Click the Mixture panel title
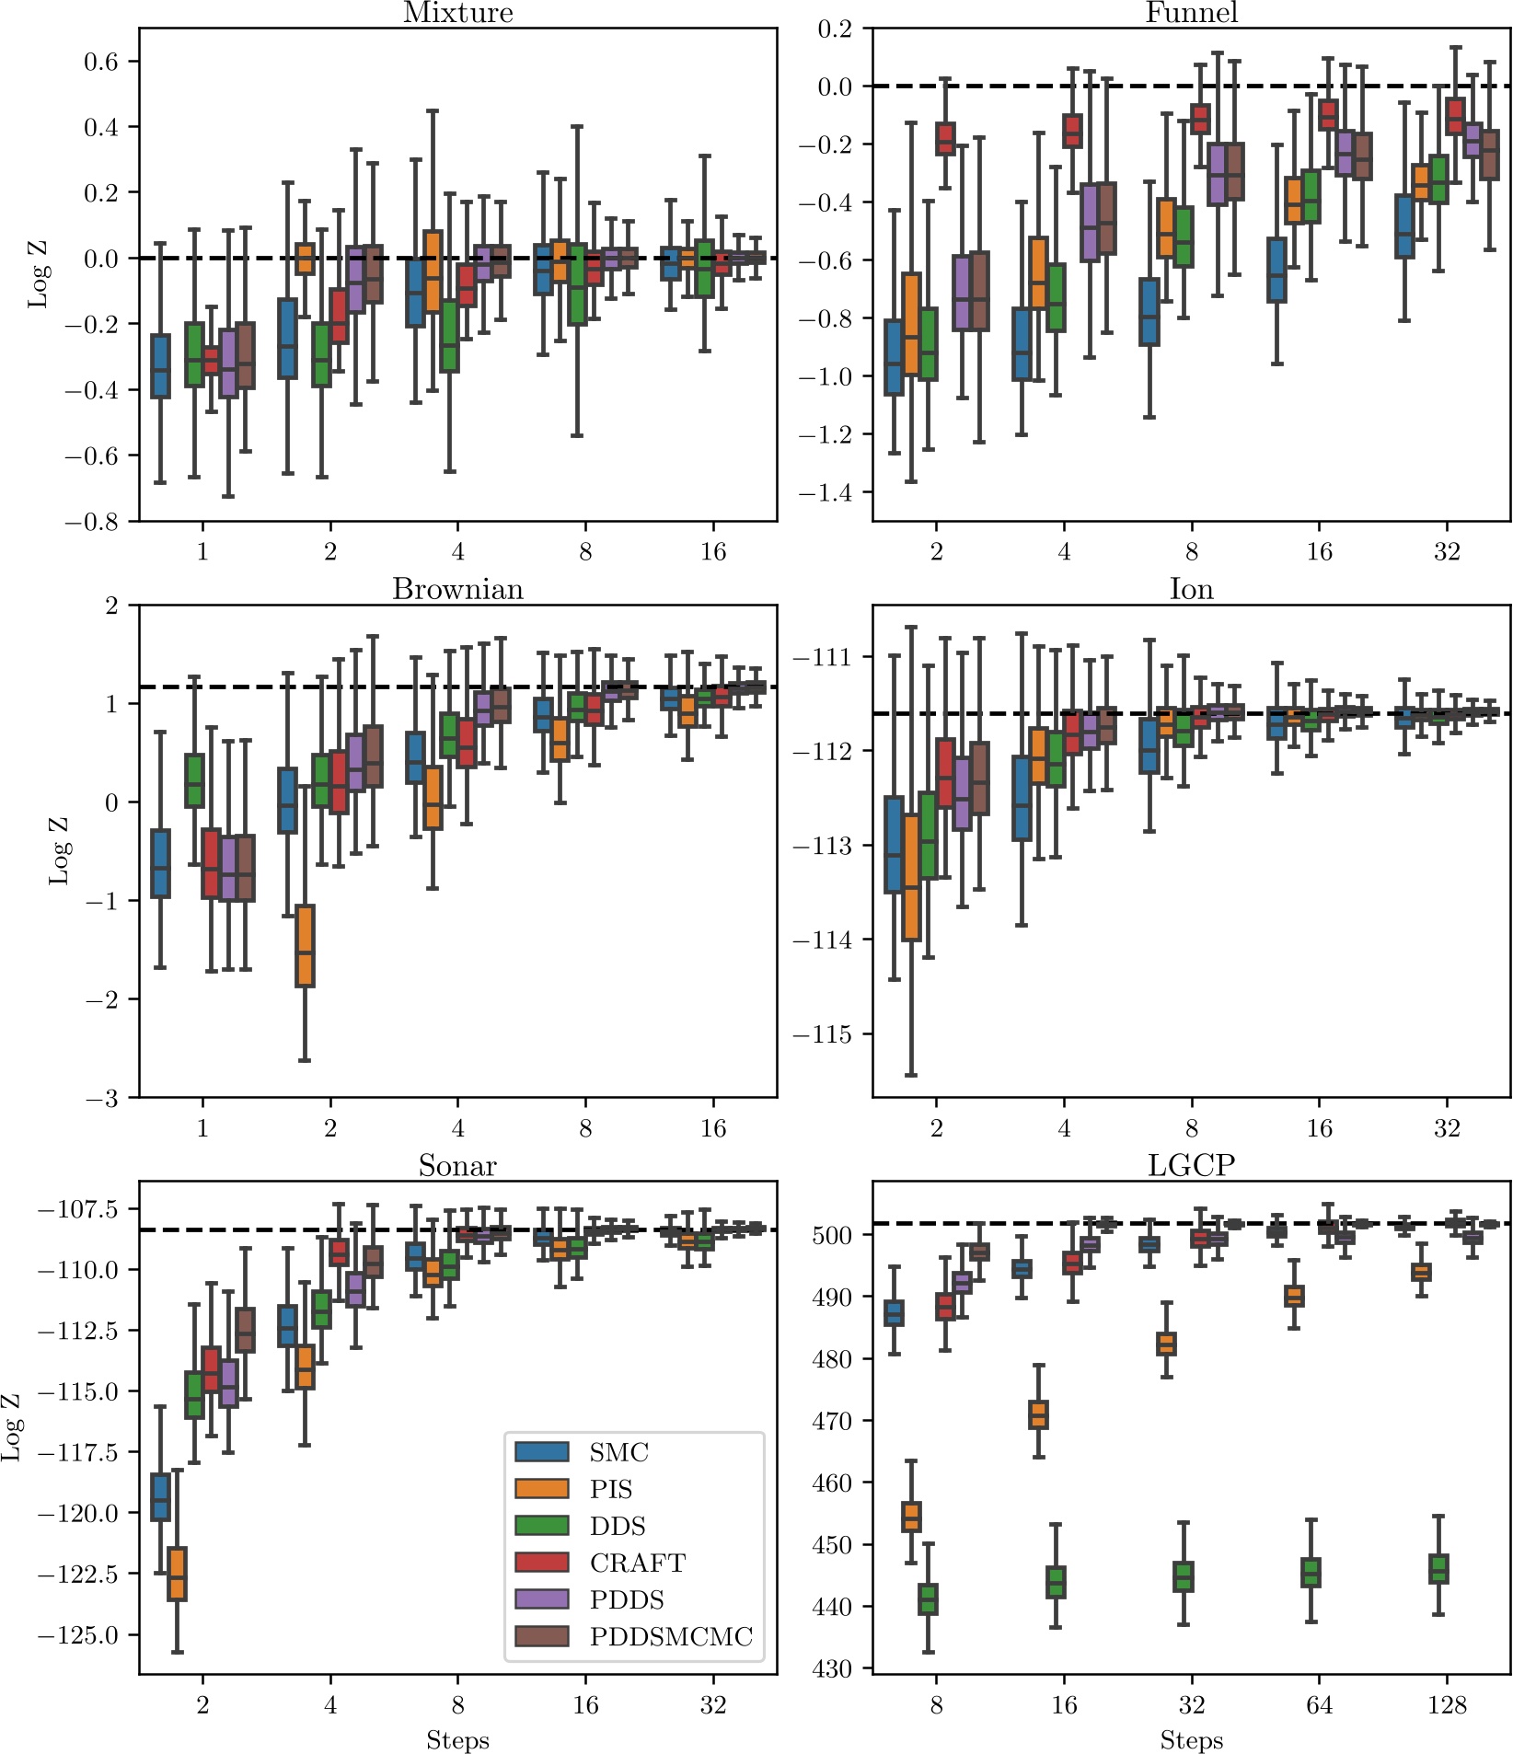[x=457, y=13]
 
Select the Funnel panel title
[x=1191, y=13]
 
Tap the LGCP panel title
[x=1191, y=1166]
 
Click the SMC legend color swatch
[x=542, y=1452]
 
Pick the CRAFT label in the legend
[x=637, y=1563]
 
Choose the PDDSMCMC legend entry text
[x=671, y=1636]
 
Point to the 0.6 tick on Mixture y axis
[x=101, y=62]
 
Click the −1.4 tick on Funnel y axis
[x=825, y=492]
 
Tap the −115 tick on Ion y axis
[x=822, y=1034]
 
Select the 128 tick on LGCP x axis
[x=1446, y=1705]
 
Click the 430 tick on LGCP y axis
[x=832, y=1668]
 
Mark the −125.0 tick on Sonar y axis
[x=78, y=1635]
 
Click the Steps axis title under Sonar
[x=457, y=1740]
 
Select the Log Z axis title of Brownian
[x=59, y=850]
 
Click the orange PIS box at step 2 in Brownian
[x=305, y=946]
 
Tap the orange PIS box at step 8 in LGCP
[x=911, y=1517]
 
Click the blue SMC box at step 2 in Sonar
[x=160, y=1497]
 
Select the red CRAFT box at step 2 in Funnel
[x=945, y=138]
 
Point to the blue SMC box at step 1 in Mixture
[x=160, y=366]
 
